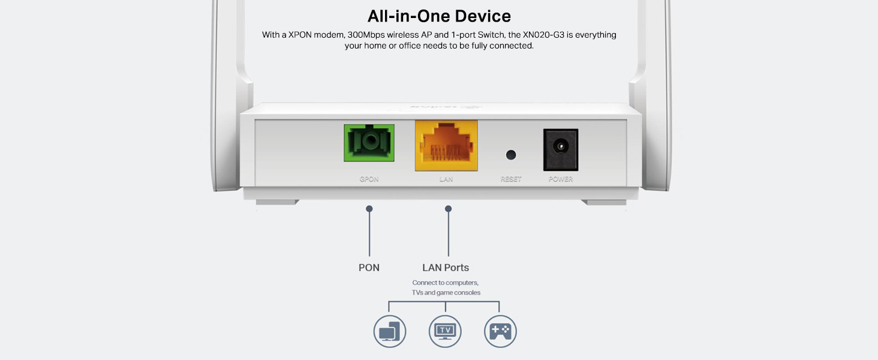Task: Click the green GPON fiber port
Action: tap(369, 143)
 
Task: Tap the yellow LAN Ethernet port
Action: tap(446, 145)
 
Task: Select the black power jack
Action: tap(560, 149)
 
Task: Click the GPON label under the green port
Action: tap(369, 179)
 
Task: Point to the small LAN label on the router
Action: tap(446, 179)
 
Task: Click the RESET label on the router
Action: tap(511, 179)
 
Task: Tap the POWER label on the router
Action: tap(561, 179)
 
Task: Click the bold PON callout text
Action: tap(369, 268)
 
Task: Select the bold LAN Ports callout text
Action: tap(446, 268)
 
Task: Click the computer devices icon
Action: tap(390, 331)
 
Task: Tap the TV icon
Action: tap(445, 331)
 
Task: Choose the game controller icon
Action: tap(500, 331)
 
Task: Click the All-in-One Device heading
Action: tap(439, 16)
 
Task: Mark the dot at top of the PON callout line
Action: tap(369, 209)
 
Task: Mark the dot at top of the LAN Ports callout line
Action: tap(448, 209)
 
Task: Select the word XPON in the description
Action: tap(300, 35)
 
